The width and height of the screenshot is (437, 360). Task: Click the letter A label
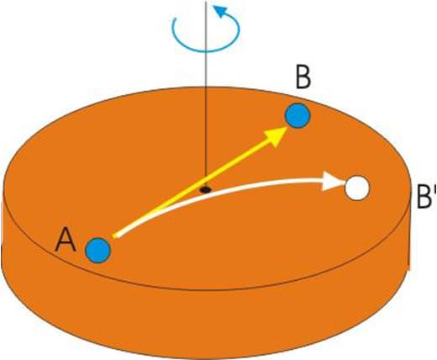click(x=66, y=240)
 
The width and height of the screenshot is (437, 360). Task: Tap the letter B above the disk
click(x=303, y=77)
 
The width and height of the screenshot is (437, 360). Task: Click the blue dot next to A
click(x=98, y=251)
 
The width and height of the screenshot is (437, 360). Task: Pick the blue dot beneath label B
click(x=297, y=115)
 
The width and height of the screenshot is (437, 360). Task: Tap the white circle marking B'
click(x=357, y=188)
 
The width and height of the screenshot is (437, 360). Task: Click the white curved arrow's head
click(x=334, y=182)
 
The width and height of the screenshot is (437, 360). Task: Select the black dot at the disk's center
click(x=205, y=190)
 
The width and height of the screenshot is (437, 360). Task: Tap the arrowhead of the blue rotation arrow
click(x=221, y=12)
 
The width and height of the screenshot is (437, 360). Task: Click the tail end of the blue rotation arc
click(x=176, y=19)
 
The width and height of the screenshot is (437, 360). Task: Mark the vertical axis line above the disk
click(x=206, y=45)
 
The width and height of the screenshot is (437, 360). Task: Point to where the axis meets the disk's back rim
click(x=206, y=87)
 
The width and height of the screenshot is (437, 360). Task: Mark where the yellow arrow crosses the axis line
click(x=206, y=177)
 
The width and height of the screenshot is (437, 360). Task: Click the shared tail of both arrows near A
click(x=115, y=236)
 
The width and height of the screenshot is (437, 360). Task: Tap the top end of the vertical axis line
click(x=206, y=1)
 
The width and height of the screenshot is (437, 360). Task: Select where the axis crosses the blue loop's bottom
click(x=206, y=51)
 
